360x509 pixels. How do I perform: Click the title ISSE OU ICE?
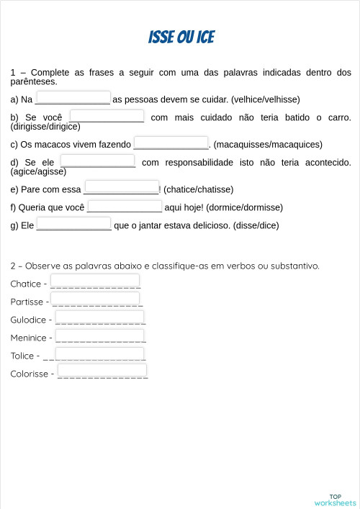[x=181, y=37]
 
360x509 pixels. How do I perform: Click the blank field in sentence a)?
[x=73, y=97]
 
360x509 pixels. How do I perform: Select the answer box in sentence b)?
[x=107, y=116]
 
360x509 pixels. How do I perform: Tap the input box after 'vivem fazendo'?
[x=171, y=143]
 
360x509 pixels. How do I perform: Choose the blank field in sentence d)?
[x=98, y=161]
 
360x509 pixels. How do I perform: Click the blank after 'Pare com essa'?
[x=121, y=187]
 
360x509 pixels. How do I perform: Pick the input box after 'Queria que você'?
[x=125, y=206]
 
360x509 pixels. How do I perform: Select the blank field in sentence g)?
[x=73, y=223]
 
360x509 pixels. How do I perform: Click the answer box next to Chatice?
[x=95, y=281]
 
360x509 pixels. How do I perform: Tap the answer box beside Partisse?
[x=96, y=299]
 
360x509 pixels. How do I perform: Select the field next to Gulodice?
[x=99, y=317]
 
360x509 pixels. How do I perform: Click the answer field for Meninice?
[x=99, y=335]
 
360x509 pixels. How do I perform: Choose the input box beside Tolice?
[x=99, y=353]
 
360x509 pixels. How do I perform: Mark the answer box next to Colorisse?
[x=102, y=371]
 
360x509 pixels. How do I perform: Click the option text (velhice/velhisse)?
[x=266, y=99]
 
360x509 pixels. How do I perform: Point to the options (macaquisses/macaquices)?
[x=268, y=145]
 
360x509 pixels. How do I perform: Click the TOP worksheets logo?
[x=335, y=500]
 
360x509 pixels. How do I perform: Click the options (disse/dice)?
[x=255, y=225]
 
